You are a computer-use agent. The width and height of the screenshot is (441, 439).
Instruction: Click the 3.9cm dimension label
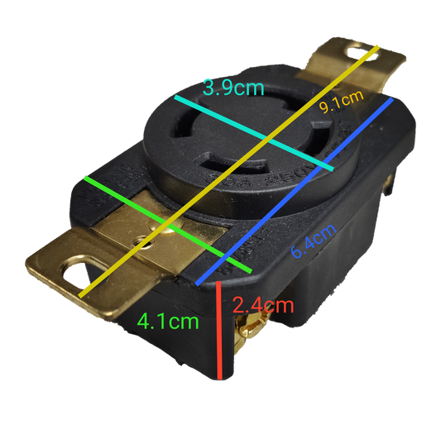click(233, 87)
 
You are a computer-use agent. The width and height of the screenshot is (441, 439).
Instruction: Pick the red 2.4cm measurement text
click(262, 304)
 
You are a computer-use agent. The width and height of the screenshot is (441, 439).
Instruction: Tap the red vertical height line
click(222, 331)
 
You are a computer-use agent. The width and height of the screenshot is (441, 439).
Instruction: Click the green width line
click(165, 222)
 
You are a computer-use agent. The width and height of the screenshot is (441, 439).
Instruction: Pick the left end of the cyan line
click(175, 98)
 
